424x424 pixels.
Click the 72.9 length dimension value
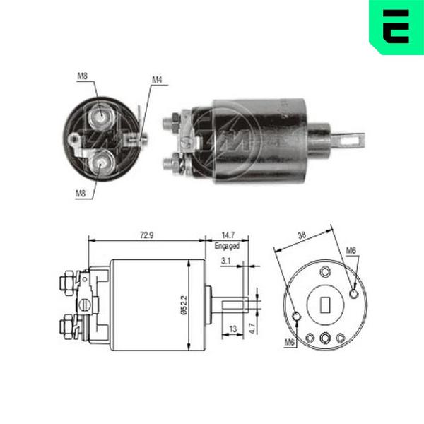click(x=146, y=235)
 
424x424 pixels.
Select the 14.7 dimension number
click(x=228, y=235)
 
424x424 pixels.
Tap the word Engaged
click(x=227, y=246)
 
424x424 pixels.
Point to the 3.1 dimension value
click(x=226, y=261)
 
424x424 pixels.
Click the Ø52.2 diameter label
click(x=184, y=305)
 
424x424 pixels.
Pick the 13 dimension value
click(x=232, y=329)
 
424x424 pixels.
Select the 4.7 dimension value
click(x=252, y=329)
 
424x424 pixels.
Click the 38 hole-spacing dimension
click(x=302, y=235)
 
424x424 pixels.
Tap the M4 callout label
click(x=157, y=80)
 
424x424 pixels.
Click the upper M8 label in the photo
click(x=83, y=76)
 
